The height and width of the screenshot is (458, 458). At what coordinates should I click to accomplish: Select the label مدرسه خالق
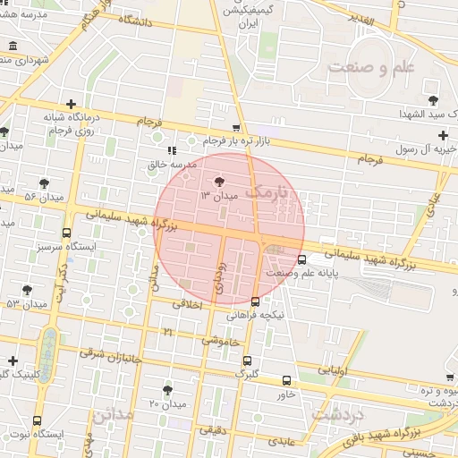(x=170, y=165)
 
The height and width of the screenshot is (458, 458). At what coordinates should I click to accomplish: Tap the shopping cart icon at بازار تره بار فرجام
(x=236, y=128)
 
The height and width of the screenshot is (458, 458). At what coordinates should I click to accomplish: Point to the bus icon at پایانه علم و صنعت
(x=301, y=259)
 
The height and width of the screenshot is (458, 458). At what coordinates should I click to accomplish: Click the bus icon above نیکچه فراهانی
(x=256, y=301)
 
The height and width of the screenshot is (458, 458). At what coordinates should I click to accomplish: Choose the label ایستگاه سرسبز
(x=67, y=244)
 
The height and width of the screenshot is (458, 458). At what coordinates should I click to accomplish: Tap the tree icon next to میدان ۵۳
(x=28, y=289)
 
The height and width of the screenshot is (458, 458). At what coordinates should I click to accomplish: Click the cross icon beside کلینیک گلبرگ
(x=13, y=361)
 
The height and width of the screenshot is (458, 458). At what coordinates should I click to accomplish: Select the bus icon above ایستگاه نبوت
(x=37, y=420)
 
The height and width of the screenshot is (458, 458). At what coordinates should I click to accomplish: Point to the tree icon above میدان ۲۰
(x=167, y=389)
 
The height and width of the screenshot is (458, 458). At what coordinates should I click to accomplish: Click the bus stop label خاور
(x=286, y=394)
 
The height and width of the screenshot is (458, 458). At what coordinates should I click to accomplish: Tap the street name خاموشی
(x=220, y=341)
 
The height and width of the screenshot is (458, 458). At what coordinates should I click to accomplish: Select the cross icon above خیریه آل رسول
(x=443, y=134)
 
